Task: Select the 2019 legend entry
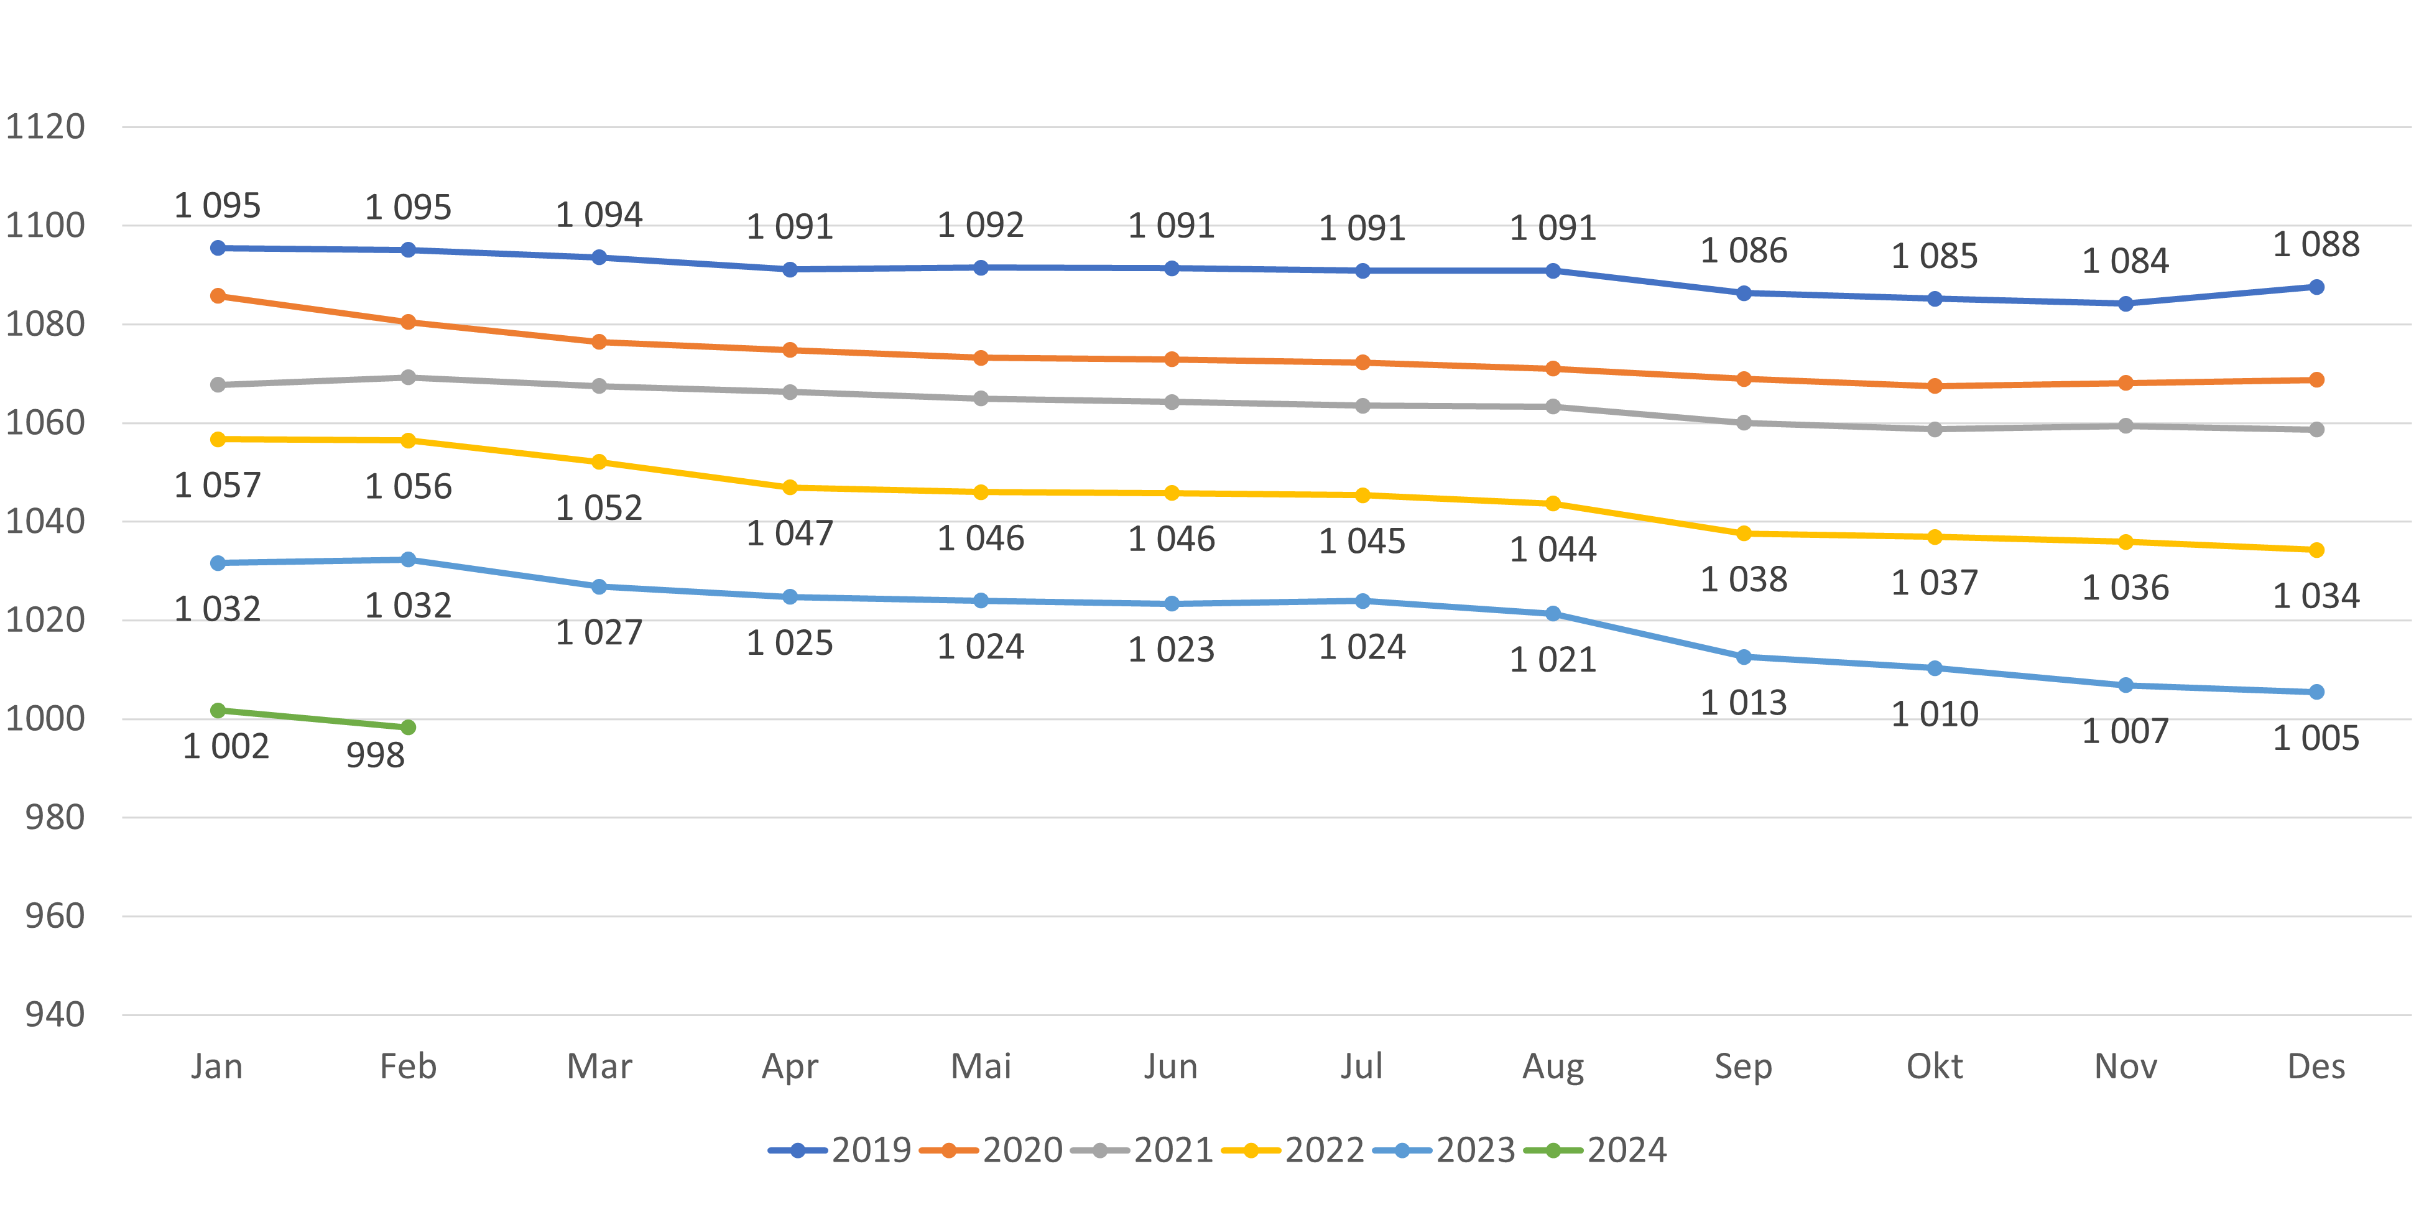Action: coord(840,1150)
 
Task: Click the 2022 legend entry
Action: coord(1294,1150)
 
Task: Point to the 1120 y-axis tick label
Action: coord(45,126)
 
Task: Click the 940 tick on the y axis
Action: coord(55,1014)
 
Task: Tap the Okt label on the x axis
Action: coord(1934,1066)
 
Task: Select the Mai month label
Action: coord(981,1066)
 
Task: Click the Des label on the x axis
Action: coord(2316,1066)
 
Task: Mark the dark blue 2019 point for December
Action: coord(2316,287)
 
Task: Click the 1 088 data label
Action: coord(2316,244)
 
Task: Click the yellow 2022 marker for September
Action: coord(1744,534)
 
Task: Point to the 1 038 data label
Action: coord(1744,580)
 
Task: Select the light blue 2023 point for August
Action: coord(1553,614)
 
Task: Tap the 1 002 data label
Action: coord(226,746)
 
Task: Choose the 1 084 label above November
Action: coord(2125,261)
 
